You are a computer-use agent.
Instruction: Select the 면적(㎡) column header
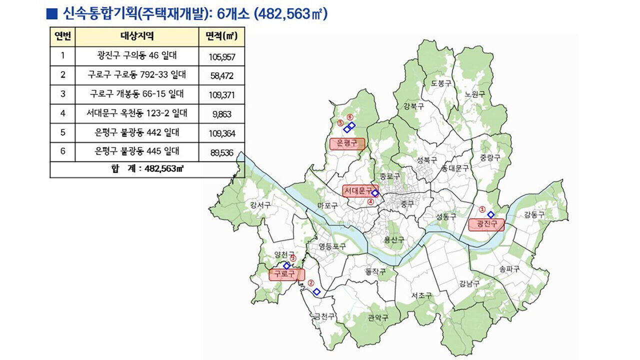point(221,36)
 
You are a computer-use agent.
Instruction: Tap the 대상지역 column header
point(136,36)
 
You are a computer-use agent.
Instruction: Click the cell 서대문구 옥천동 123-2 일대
point(136,113)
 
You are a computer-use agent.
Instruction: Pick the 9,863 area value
point(221,114)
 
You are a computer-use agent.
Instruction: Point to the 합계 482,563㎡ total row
point(147,169)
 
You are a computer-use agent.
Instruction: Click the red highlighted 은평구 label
point(347,143)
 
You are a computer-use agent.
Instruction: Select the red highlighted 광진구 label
point(486,224)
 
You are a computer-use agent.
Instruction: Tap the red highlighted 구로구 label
point(286,274)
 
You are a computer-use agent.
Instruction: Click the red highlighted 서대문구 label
point(359,190)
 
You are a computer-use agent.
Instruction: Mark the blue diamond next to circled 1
point(490,214)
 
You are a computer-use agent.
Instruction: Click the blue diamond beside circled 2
point(316,291)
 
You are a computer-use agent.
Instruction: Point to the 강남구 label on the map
point(469,283)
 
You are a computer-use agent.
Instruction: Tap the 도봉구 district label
point(441,83)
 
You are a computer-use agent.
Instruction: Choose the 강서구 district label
point(260,205)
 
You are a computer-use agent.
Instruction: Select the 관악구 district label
point(377,317)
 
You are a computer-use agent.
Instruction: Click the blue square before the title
point(50,13)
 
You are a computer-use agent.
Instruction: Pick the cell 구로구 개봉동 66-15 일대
point(136,94)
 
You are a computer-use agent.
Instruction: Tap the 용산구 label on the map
point(394,240)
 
